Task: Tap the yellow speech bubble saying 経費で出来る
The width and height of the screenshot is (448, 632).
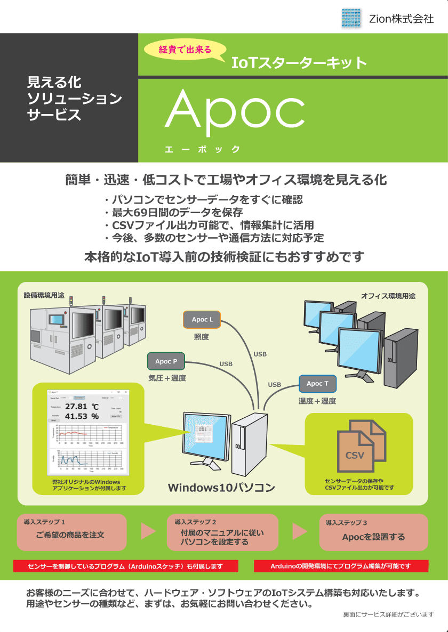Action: (x=185, y=51)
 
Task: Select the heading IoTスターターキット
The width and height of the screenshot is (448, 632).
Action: (x=299, y=63)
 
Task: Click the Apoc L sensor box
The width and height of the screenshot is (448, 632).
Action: (x=203, y=320)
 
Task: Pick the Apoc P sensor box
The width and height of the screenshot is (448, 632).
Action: (x=166, y=361)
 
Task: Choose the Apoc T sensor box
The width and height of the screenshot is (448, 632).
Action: (x=317, y=384)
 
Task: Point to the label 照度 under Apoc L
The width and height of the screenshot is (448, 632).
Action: (x=201, y=337)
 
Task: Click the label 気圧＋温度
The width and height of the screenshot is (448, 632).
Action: (x=167, y=378)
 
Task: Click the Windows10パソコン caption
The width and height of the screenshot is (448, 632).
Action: (x=221, y=488)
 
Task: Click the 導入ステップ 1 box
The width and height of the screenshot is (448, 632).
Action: (x=72, y=532)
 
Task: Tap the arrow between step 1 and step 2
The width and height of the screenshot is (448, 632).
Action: (x=148, y=531)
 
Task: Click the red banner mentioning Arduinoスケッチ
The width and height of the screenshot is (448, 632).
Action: (x=125, y=566)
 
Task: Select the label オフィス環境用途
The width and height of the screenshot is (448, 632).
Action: (x=388, y=296)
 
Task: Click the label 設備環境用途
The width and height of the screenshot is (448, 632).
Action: (x=44, y=295)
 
